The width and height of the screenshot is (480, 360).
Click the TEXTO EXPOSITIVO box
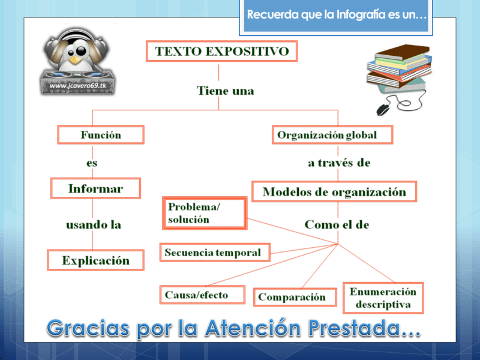pyautogui.click(x=221, y=52)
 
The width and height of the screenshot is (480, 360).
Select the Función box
pyautogui.click(x=101, y=135)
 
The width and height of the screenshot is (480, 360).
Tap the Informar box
pyautogui.click(x=95, y=189)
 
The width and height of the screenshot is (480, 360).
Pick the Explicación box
pyautogui.click(x=96, y=261)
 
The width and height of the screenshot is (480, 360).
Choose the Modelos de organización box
pyautogui.click(x=334, y=193)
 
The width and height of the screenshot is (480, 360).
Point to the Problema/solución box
pyautogui.click(x=205, y=213)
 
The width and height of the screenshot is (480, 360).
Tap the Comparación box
pyautogui.click(x=292, y=297)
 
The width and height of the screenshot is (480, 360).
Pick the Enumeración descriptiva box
pyautogui.click(x=383, y=298)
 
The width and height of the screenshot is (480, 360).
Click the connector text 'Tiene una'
pyautogui.click(x=225, y=91)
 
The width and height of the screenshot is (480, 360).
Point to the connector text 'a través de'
pyautogui.click(x=338, y=163)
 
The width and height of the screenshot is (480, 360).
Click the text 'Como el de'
pyautogui.click(x=337, y=225)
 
